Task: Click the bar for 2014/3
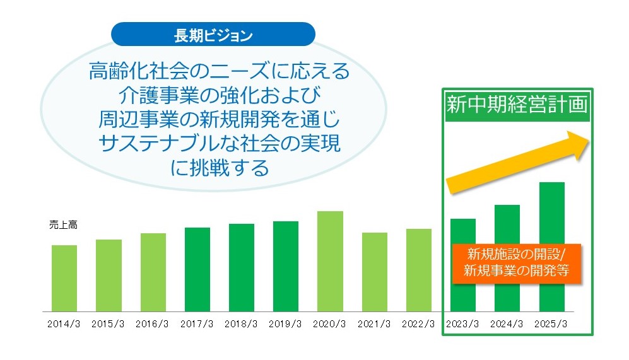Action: pos(64,278)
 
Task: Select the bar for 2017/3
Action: pos(197,269)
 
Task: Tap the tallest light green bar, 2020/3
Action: pos(330,262)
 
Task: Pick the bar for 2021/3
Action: pos(375,272)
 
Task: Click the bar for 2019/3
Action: pos(286,266)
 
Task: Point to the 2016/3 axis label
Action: pos(152,324)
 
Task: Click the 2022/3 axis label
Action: pos(418,324)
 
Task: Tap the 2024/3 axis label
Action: pos(507,324)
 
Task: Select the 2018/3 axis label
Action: pos(241,324)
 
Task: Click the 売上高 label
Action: pos(63,225)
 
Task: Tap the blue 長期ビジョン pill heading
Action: pos(213,35)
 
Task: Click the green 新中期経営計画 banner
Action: pos(517,105)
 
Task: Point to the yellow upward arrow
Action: pos(517,163)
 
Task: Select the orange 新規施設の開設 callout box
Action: pos(517,263)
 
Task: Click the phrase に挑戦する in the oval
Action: pos(220,168)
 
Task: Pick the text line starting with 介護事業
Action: pos(220,95)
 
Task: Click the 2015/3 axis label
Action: pos(108,324)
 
